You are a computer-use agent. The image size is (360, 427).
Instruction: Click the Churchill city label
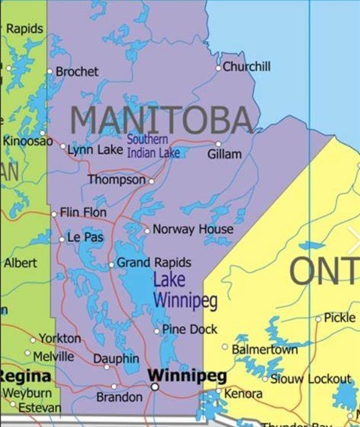click(x=246, y=67)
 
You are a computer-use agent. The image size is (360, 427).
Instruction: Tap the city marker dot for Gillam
click(x=219, y=144)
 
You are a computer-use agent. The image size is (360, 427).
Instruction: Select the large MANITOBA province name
click(x=161, y=120)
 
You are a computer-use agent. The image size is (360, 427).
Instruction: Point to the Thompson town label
click(x=117, y=180)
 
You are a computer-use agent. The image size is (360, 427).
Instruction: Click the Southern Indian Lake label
click(x=153, y=146)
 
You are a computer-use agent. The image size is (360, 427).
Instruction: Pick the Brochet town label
click(x=76, y=72)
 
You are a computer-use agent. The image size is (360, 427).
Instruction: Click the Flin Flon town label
click(x=83, y=213)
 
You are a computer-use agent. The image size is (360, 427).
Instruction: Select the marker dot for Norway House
click(x=147, y=231)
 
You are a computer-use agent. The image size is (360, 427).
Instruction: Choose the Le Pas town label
click(x=85, y=237)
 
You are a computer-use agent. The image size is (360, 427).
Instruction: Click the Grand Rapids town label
click(x=154, y=263)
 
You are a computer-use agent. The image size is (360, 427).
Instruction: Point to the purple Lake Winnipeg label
click(x=185, y=290)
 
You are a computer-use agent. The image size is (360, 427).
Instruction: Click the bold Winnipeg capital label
click(x=187, y=375)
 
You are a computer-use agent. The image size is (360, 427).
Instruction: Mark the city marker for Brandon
click(x=114, y=386)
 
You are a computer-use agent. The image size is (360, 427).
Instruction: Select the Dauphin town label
click(x=116, y=359)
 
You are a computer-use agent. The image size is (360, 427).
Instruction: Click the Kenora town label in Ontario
click(x=243, y=394)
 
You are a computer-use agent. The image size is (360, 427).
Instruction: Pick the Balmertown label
click(x=265, y=349)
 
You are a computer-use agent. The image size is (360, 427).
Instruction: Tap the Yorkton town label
click(x=59, y=338)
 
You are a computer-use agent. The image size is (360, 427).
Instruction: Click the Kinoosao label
click(x=28, y=141)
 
